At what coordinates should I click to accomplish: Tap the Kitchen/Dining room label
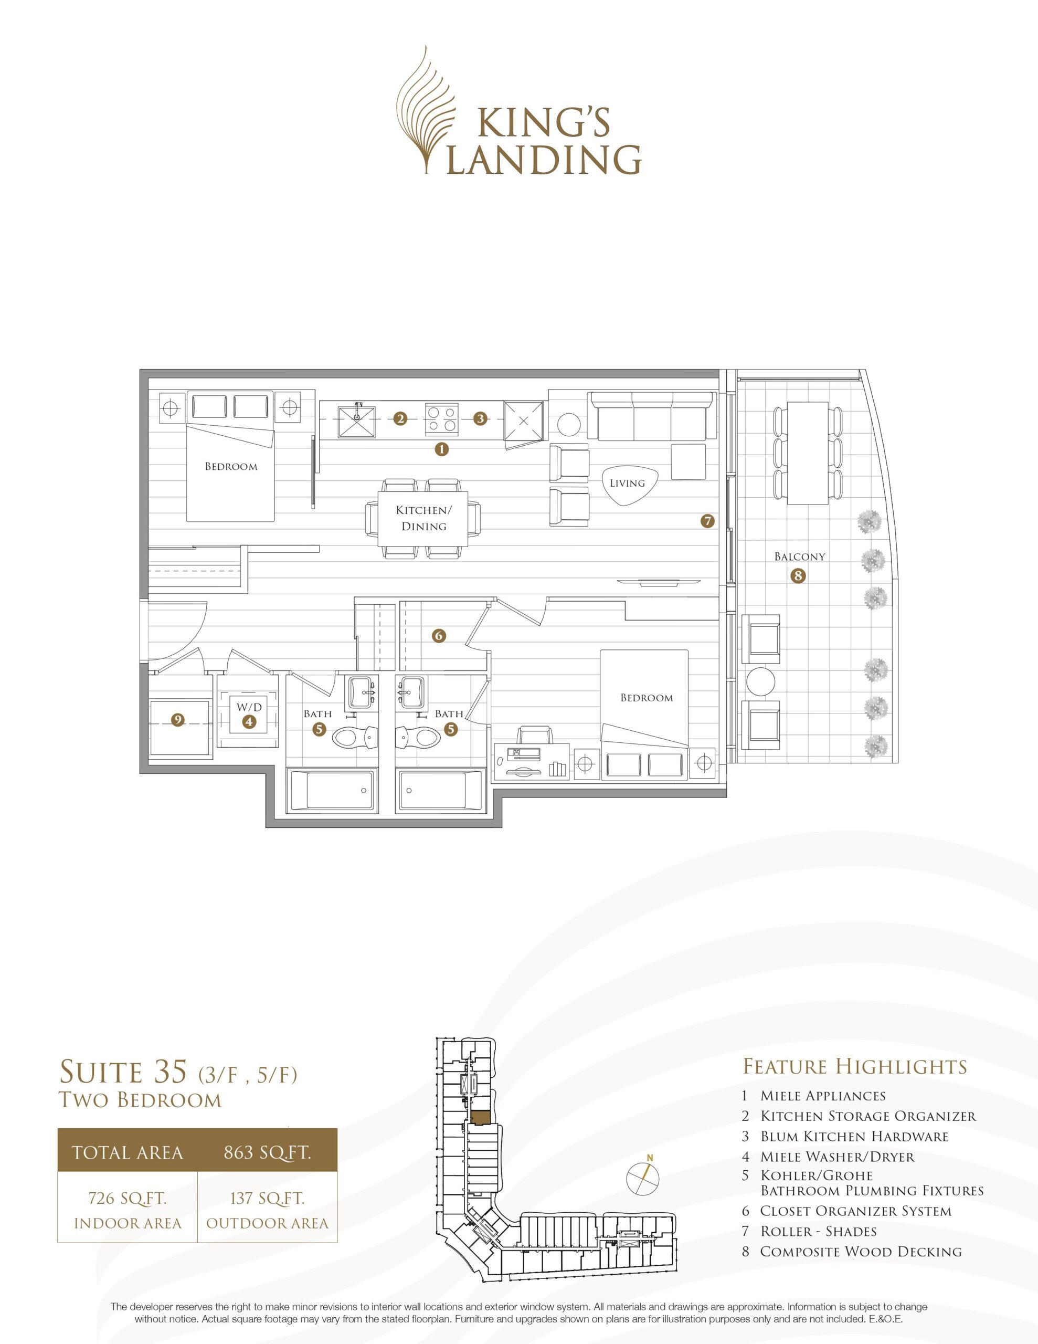(424, 518)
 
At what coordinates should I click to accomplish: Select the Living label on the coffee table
(627, 483)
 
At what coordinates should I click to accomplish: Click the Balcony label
(799, 556)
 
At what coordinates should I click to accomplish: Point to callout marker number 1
(441, 449)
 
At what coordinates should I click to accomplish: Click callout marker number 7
(707, 521)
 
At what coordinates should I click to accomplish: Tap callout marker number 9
(178, 720)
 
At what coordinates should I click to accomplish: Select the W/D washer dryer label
(249, 707)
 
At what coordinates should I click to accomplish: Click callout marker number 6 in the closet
(439, 636)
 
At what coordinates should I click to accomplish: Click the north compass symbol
(643, 1178)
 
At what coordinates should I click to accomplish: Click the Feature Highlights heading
(855, 1066)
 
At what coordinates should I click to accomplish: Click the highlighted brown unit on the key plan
(481, 1116)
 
